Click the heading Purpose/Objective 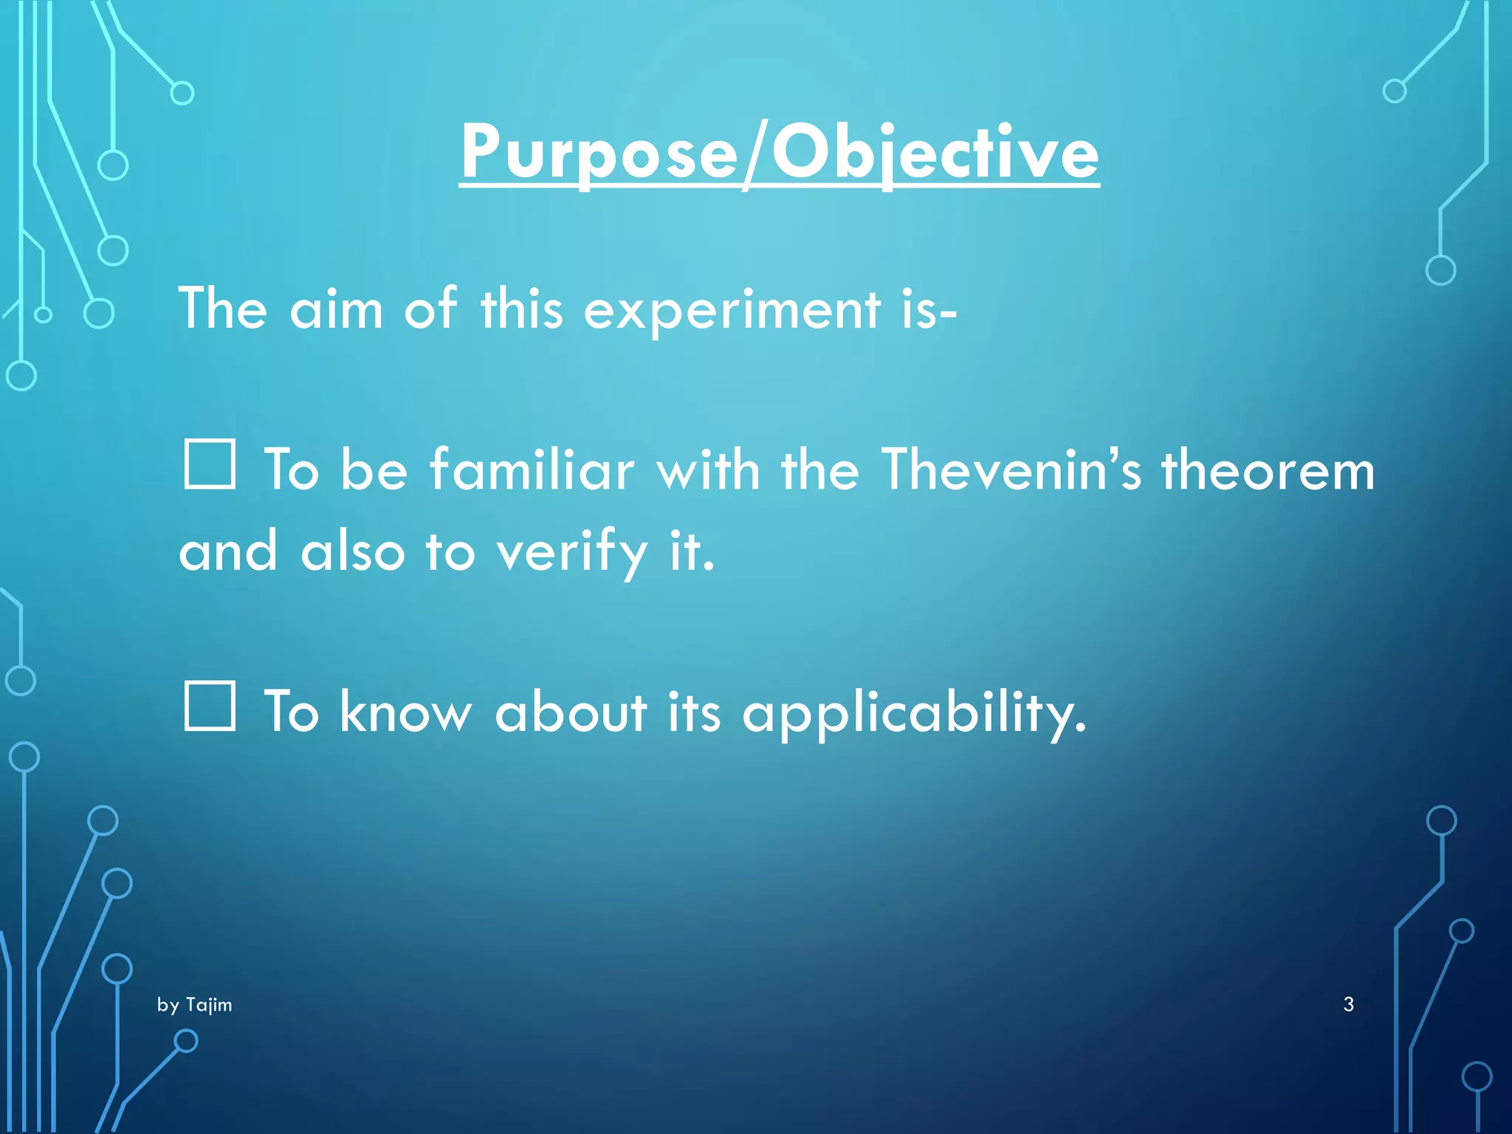pyautogui.click(x=779, y=153)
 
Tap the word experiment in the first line pyautogui.click(x=732, y=310)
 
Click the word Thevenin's pyautogui.click(x=1011, y=470)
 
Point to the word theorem pyautogui.click(x=1268, y=471)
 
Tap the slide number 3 pyautogui.click(x=1348, y=1004)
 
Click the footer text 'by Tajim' pyautogui.click(x=194, y=1005)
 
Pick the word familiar pyautogui.click(x=532, y=470)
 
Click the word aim pyautogui.click(x=336, y=310)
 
